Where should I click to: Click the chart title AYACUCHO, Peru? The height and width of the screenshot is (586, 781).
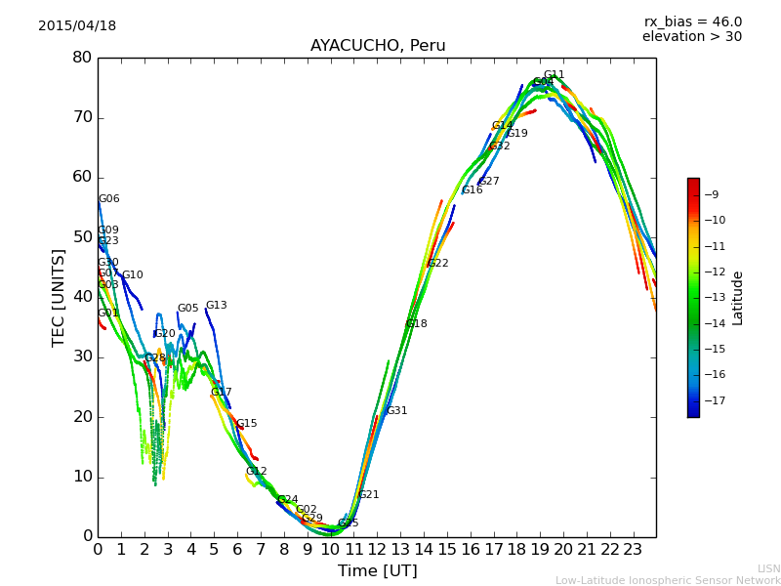pyautogui.click(x=378, y=46)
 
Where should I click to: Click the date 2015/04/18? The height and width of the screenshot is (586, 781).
pyautogui.click(x=77, y=26)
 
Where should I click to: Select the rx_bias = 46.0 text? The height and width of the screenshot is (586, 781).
pyautogui.click(x=693, y=22)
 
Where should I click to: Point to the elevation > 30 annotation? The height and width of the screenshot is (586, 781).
pyautogui.click(x=692, y=37)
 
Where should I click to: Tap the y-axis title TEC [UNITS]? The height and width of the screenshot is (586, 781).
pyautogui.click(x=59, y=297)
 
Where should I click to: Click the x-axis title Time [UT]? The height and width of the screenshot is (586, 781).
pyautogui.click(x=377, y=571)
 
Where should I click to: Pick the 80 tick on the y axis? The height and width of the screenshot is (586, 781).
pyautogui.click(x=82, y=58)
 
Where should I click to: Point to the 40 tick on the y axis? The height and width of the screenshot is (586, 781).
pyautogui.click(x=82, y=297)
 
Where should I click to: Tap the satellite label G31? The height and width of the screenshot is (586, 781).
pyautogui.click(x=397, y=411)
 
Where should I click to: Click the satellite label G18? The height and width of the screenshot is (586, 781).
pyautogui.click(x=416, y=324)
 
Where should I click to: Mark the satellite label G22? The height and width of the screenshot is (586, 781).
pyautogui.click(x=438, y=264)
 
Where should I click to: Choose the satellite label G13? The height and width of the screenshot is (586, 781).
pyautogui.click(x=216, y=306)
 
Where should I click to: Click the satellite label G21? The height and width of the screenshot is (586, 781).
pyautogui.click(x=369, y=495)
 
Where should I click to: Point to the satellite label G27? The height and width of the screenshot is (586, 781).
pyautogui.click(x=489, y=182)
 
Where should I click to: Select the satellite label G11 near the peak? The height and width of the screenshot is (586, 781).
pyautogui.click(x=555, y=75)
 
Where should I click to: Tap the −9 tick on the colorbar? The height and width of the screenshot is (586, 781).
pyautogui.click(x=712, y=195)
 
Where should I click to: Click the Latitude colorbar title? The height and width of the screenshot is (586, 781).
pyautogui.click(x=738, y=298)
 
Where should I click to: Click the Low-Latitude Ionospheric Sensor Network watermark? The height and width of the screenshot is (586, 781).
pyautogui.click(x=668, y=581)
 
